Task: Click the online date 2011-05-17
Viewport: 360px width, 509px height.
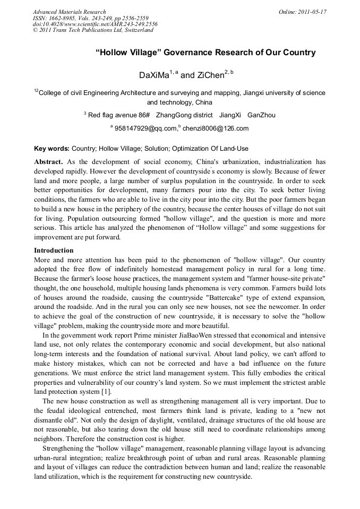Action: point(313,12)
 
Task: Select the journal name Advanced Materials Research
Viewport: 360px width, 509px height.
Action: point(69,12)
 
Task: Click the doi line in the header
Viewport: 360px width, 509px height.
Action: point(95,24)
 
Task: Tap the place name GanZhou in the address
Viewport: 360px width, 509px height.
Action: point(261,115)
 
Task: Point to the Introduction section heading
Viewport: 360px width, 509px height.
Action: point(54,250)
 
